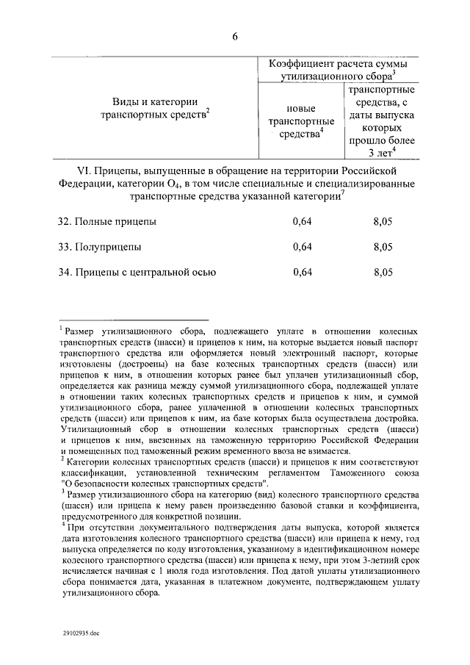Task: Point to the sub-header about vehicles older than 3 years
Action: coord(381,121)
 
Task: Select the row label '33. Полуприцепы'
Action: coord(101,247)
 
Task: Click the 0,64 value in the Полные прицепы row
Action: coord(302,221)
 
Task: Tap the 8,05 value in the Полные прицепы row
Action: coord(383,221)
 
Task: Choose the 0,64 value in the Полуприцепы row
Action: coord(302,247)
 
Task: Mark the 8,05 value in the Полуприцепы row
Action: coord(383,247)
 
